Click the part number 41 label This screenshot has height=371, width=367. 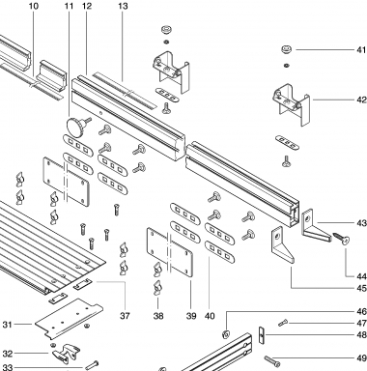click(x=361, y=50)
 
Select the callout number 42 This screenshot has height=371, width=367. click(x=361, y=100)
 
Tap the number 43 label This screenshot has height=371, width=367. click(x=361, y=223)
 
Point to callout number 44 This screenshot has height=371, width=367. click(x=361, y=276)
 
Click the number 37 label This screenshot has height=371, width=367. click(x=125, y=316)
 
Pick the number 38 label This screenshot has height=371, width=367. click(x=158, y=316)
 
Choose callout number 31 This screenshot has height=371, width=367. click(x=8, y=325)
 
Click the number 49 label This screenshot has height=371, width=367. click(x=361, y=358)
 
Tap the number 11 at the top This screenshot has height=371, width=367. click(x=69, y=6)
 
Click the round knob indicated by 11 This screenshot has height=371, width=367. click(x=76, y=126)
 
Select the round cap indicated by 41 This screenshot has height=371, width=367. click(x=286, y=49)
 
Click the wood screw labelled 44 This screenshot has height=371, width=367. click(x=341, y=239)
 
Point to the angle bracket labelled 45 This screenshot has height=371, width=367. click(x=282, y=245)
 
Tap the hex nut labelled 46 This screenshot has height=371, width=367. click(x=226, y=333)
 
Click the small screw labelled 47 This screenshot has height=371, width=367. click(x=283, y=323)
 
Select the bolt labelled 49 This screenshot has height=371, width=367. click(x=272, y=361)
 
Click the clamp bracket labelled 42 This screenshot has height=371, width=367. click(x=293, y=104)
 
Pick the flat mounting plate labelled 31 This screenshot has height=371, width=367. click(x=70, y=318)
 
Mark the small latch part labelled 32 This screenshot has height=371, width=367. click(x=67, y=353)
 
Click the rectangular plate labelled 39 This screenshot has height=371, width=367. click(x=170, y=252)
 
